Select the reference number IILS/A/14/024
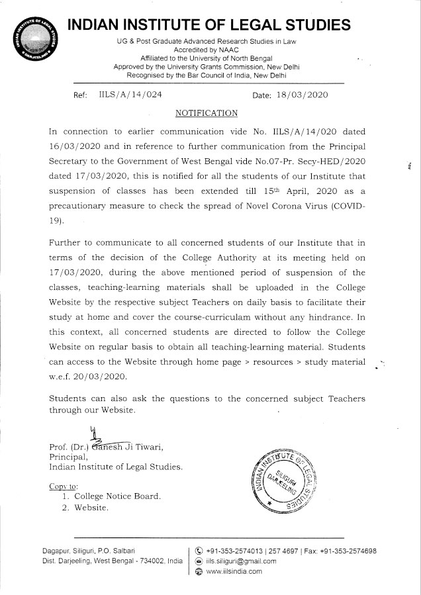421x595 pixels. tap(130, 95)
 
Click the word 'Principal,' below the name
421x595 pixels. tap(69, 456)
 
